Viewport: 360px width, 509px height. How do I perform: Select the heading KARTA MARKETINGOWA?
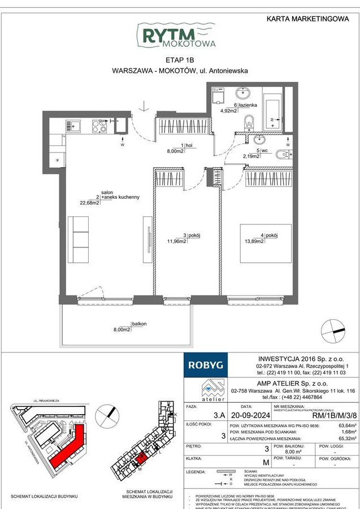pos(307,19)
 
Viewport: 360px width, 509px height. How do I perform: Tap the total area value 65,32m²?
pos(345,453)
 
